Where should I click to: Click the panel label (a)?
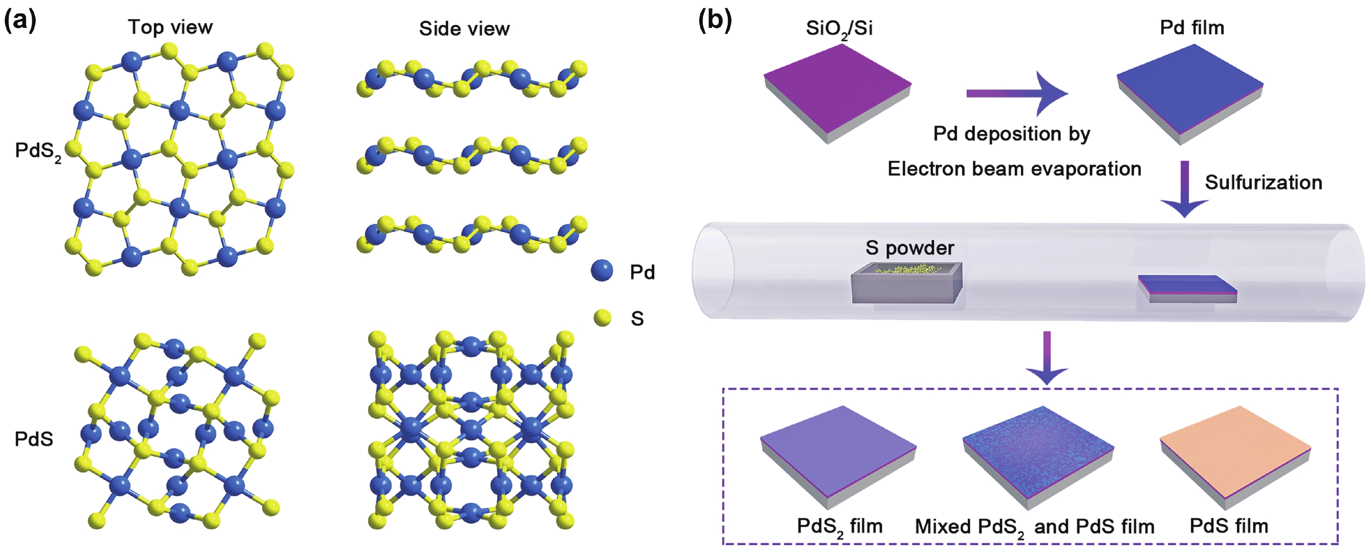(x=20, y=21)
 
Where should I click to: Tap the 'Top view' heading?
(x=170, y=27)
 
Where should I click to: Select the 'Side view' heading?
(x=464, y=29)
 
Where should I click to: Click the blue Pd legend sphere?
(x=602, y=270)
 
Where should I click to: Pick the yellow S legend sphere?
(x=602, y=318)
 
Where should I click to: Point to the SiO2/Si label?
(x=839, y=29)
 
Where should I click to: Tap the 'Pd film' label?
(x=1192, y=28)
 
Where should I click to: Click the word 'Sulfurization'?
(x=1263, y=182)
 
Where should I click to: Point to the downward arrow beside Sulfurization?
(x=1184, y=189)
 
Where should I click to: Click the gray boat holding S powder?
(x=906, y=285)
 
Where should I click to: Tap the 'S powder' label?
(x=910, y=248)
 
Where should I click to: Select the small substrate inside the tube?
(x=1187, y=289)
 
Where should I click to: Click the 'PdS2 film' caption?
(x=839, y=526)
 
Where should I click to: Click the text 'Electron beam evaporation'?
(x=1014, y=169)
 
